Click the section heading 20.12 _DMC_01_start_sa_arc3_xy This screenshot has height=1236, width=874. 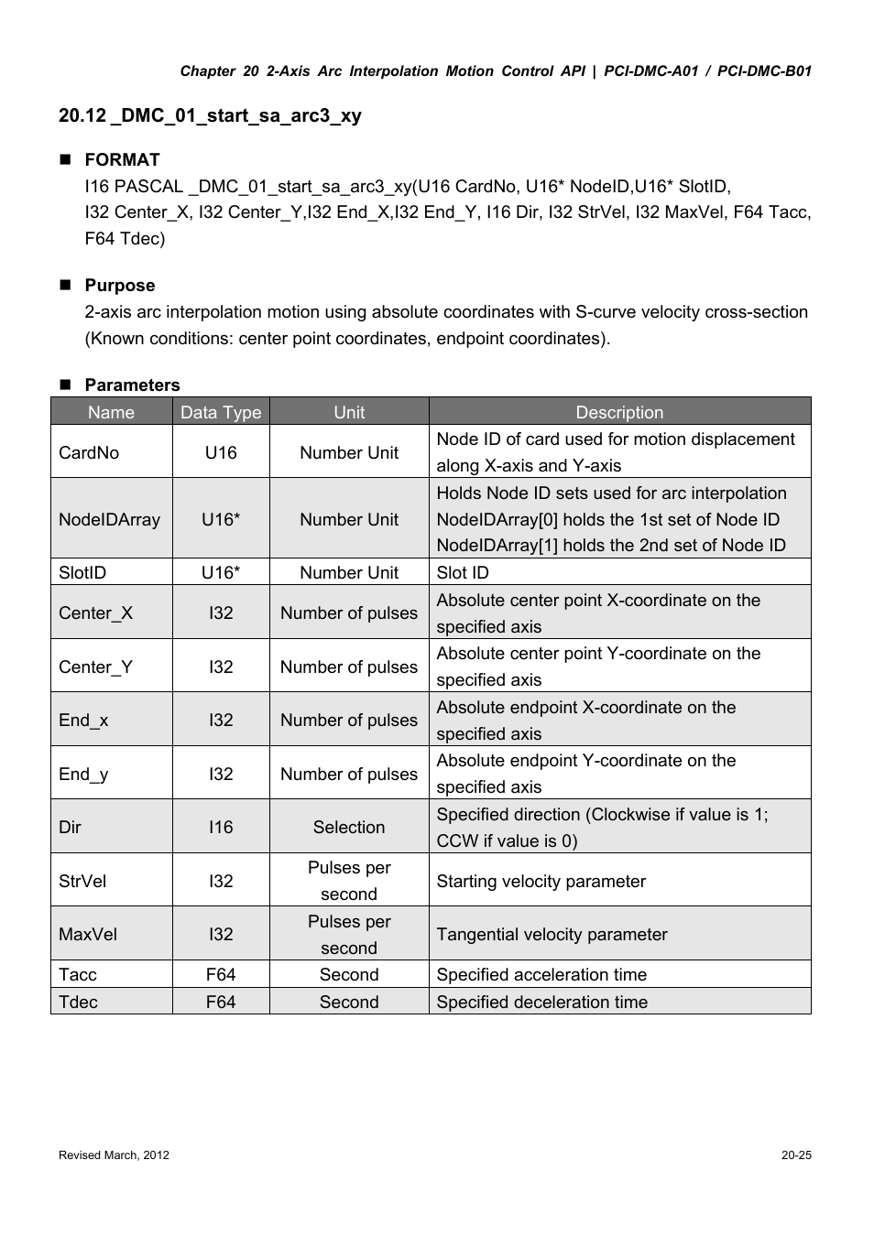210,115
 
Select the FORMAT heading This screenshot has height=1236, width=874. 122,159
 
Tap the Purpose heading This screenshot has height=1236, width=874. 120,285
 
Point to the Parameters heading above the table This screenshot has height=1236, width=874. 132,385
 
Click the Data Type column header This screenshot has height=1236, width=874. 221,412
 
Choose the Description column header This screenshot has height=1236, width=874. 619,412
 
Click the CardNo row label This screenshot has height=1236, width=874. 89,452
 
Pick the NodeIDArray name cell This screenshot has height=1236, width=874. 109,519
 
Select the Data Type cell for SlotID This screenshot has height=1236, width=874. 221,572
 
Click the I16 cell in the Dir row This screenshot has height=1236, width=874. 221,827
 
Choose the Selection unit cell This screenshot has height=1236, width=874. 349,827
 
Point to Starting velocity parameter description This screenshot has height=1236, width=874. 541,881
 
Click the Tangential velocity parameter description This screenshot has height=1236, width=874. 552,934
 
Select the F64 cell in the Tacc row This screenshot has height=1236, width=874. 221,974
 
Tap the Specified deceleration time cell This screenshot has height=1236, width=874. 542,1002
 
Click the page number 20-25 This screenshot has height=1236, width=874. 796,1155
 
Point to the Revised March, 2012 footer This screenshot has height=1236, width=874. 114,1155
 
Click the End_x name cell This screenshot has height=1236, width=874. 83,720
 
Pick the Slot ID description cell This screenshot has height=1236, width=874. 463,572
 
